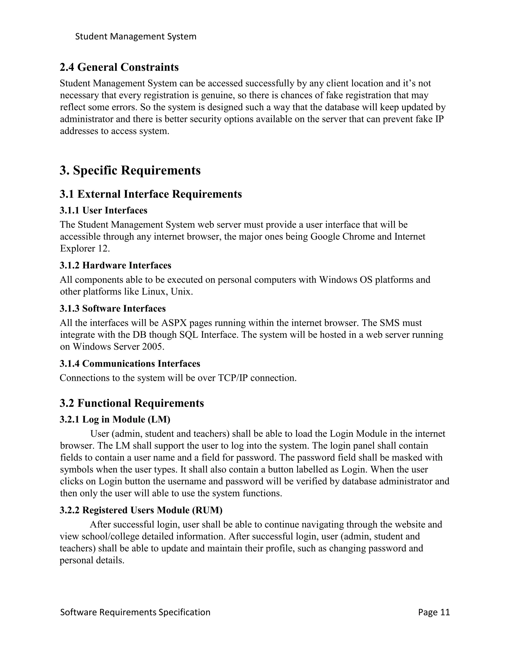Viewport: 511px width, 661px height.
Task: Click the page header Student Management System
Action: (x=136, y=37)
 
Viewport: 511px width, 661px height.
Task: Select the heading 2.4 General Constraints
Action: (x=119, y=67)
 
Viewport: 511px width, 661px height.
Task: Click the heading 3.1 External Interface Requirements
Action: (x=150, y=194)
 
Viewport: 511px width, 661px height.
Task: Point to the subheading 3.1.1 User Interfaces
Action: (x=103, y=210)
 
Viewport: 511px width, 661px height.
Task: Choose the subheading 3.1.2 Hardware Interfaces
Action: (x=115, y=265)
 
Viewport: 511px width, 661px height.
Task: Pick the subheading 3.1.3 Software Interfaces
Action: (x=113, y=309)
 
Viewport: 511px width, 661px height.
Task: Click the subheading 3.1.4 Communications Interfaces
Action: (x=130, y=363)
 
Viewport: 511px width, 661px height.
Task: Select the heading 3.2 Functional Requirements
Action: (x=132, y=403)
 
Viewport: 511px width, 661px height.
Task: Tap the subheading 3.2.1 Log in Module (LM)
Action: (x=115, y=420)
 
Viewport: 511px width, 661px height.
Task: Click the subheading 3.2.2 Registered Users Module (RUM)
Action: (x=141, y=510)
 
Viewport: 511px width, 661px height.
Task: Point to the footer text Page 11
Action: (x=434, y=612)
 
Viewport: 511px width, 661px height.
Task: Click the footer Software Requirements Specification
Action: (x=135, y=612)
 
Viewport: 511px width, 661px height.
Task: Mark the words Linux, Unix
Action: (x=167, y=292)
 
